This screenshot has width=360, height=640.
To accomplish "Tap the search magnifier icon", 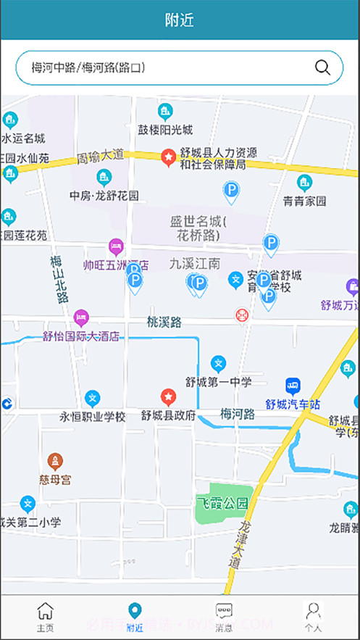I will pyautogui.click(x=322, y=67).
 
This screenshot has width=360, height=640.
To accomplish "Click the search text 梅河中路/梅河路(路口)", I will pyautogui.click(x=88, y=67).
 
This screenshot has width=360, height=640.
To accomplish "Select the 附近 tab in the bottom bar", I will pyautogui.click(x=135, y=617).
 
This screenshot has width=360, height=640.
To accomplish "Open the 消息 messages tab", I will pyautogui.click(x=224, y=617).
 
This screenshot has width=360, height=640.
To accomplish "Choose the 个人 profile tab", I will pyautogui.click(x=313, y=617).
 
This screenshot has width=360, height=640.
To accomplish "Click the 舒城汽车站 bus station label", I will pyautogui.click(x=293, y=404).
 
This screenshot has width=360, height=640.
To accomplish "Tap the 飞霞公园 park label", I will pyautogui.click(x=222, y=502).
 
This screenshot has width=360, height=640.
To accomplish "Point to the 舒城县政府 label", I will pyautogui.click(x=169, y=415).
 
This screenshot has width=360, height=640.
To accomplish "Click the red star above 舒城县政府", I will pyautogui.click(x=168, y=396).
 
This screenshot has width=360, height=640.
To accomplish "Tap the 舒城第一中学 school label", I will pyautogui.click(x=218, y=382).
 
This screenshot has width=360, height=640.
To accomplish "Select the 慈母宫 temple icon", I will pyautogui.click(x=55, y=461).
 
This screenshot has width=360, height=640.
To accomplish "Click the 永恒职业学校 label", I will pyautogui.click(x=93, y=417).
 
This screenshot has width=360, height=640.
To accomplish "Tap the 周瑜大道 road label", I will pyautogui.click(x=101, y=156).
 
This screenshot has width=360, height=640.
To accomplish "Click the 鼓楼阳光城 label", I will pyautogui.click(x=165, y=130).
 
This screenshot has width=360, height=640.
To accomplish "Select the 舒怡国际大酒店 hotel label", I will pyautogui.click(x=81, y=336).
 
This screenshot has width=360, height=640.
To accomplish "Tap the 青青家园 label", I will pyautogui.click(x=304, y=201).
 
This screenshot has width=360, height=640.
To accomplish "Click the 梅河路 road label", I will pyautogui.click(x=238, y=414).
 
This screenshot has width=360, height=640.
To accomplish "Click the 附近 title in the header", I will pyautogui.click(x=180, y=20).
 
